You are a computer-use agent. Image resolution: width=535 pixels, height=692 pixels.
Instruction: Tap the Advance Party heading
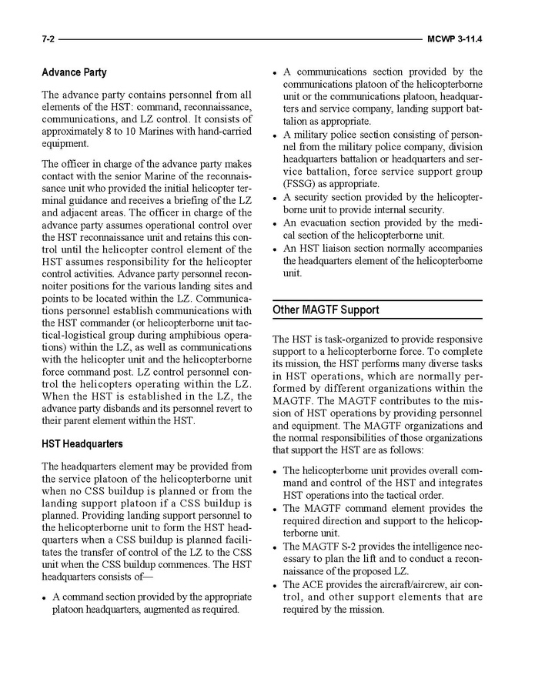point(74,73)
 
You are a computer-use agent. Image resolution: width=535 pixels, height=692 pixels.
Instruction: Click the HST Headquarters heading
point(82,444)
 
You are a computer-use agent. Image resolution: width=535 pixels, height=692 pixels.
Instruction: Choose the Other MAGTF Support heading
point(326,310)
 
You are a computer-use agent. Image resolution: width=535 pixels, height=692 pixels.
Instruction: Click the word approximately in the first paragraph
point(74,132)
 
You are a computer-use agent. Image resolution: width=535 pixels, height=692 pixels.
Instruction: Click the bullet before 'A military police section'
point(276,135)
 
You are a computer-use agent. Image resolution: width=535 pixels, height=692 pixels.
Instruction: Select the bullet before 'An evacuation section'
point(276,224)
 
